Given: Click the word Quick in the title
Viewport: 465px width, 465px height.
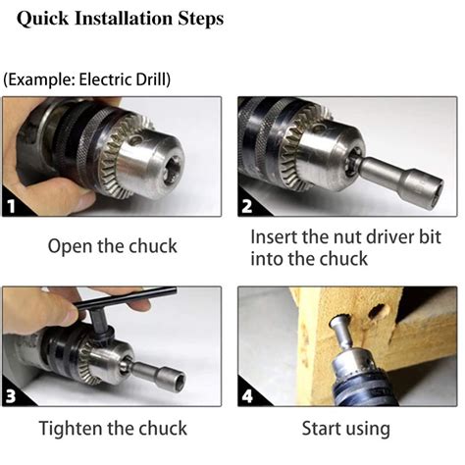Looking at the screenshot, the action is [x=42, y=19].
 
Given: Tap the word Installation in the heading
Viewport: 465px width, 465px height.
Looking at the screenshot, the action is [x=124, y=18].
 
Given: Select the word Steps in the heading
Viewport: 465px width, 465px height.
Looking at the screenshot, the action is [x=201, y=19].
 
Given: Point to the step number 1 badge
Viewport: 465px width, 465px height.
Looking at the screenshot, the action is [x=12, y=206].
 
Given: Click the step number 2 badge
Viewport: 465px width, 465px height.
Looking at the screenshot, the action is [x=247, y=206].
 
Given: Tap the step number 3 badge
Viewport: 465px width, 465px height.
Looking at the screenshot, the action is [x=11, y=396].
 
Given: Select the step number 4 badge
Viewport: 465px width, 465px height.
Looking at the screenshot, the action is [x=247, y=396].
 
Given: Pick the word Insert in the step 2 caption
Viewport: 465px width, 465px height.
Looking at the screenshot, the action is [x=274, y=236].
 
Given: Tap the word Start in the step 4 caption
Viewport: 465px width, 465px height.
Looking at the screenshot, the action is [x=321, y=428].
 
